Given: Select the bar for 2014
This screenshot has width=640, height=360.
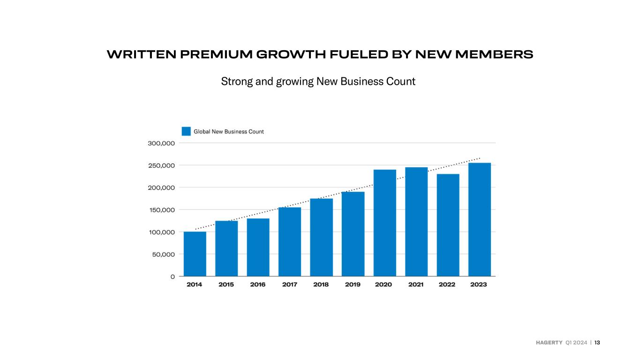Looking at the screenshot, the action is (195, 254).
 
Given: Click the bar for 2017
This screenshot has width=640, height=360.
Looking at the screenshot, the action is (290, 242).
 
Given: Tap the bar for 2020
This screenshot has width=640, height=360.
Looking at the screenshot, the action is (385, 223).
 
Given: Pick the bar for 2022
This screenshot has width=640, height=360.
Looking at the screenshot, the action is (448, 225).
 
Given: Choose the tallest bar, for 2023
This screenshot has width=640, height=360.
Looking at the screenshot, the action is (480, 219).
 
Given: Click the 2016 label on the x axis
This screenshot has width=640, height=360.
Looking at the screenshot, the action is (258, 285).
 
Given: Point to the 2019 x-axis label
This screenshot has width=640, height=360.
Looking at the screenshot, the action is (353, 285).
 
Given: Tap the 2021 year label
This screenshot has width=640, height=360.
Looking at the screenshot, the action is (416, 285).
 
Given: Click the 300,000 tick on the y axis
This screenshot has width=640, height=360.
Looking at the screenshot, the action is (161, 143).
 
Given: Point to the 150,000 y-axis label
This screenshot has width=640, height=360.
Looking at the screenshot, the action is (162, 210).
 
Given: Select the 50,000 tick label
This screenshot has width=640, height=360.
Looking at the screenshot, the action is (164, 255).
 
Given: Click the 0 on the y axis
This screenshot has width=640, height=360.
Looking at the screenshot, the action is (173, 277).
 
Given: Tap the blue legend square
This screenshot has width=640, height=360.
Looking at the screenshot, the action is (186, 131).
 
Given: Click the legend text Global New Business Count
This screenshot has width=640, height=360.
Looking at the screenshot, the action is (229, 132).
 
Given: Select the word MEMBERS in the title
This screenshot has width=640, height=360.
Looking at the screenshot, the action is (494, 54).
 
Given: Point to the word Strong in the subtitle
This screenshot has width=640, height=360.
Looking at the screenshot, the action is (237, 82).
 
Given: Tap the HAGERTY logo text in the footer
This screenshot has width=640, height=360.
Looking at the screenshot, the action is (549, 343).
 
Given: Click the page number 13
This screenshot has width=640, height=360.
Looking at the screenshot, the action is (597, 343).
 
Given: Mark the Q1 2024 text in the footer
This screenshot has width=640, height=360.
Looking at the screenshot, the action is (576, 343).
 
